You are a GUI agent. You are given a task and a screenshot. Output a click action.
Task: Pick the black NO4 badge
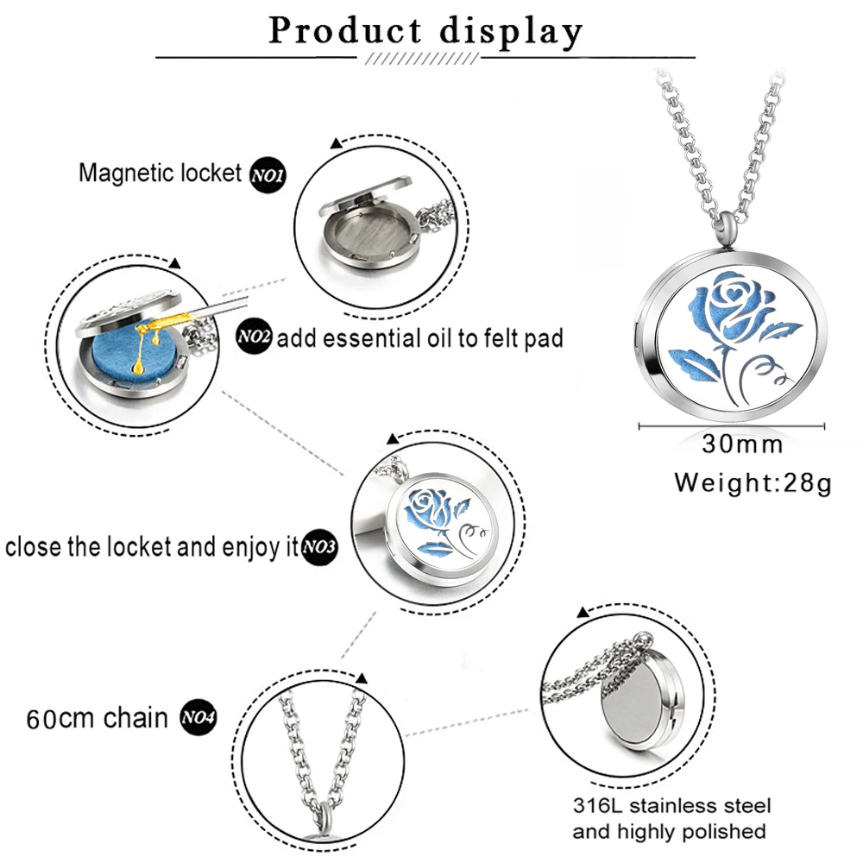pyautogui.click(x=197, y=718)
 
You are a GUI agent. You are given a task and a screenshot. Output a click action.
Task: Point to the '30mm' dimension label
pyautogui.click(x=742, y=444)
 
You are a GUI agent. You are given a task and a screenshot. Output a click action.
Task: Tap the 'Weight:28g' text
pyautogui.click(x=753, y=482)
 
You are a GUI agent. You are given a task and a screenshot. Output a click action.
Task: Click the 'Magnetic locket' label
pyautogui.click(x=160, y=173)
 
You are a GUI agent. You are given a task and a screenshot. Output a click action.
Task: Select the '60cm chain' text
pyautogui.click(x=97, y=718)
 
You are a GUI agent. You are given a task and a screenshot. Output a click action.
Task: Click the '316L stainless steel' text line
pyautogui.click(x=672, y=807)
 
